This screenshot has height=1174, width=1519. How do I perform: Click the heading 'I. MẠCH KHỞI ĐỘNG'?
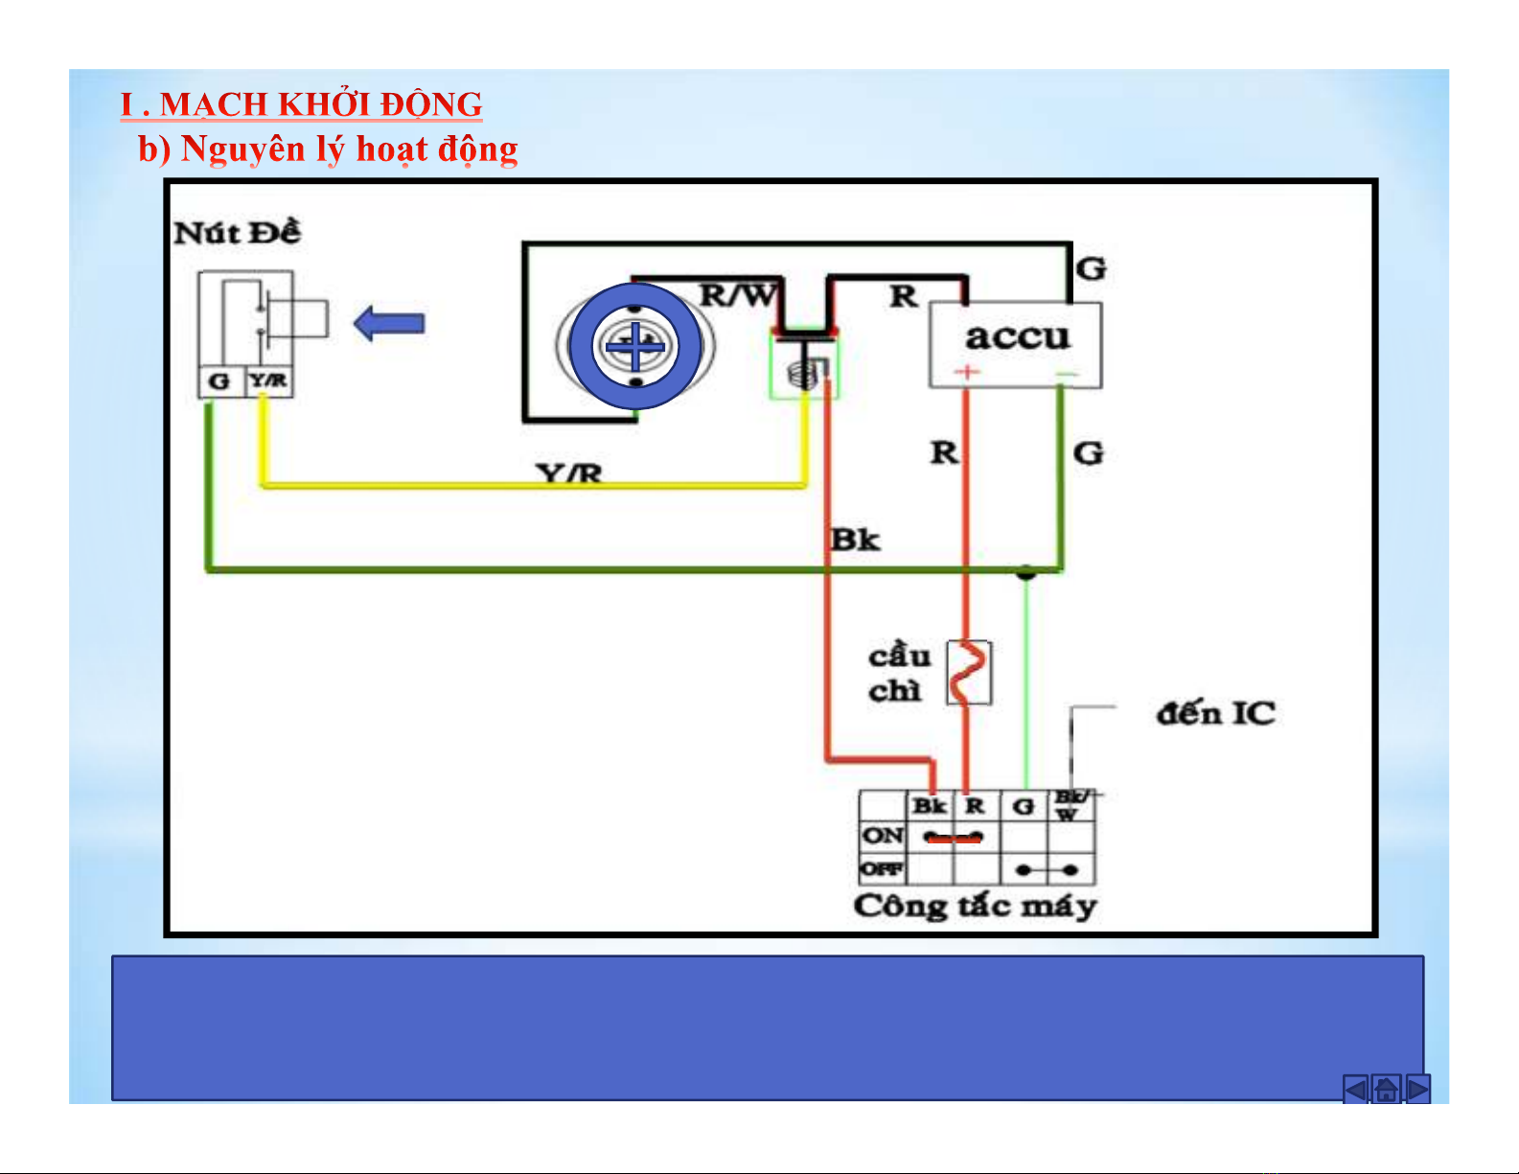(301, 104)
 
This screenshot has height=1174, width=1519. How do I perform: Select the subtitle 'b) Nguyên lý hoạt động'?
(328, 149)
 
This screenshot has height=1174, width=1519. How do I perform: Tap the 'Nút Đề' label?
(237, 233)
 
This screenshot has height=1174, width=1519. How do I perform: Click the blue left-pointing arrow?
(389, 324)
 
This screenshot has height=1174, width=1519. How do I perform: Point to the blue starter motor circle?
(634, 346)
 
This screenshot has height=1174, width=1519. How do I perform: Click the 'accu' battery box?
(1016, 344)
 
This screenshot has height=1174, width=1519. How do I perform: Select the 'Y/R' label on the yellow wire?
(569, 472)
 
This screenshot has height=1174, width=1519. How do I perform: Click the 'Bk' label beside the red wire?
(855, 540)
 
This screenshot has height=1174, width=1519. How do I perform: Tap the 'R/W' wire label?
(737, 295)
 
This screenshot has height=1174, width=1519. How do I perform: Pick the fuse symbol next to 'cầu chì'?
(969, 673)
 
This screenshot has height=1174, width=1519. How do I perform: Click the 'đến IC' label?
(1215, 714)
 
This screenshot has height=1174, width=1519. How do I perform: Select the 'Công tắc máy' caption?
(975, 906)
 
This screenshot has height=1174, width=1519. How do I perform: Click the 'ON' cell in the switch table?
(882, 836)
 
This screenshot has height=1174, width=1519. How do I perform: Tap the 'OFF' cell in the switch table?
(882, 869)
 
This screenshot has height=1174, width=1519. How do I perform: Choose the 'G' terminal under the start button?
(219, 381)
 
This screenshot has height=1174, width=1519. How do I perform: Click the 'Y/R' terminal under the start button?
(268, 381)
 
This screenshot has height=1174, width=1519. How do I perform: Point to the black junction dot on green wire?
(1025, 573)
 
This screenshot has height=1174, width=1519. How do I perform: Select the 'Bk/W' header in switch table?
(1070, 805)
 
